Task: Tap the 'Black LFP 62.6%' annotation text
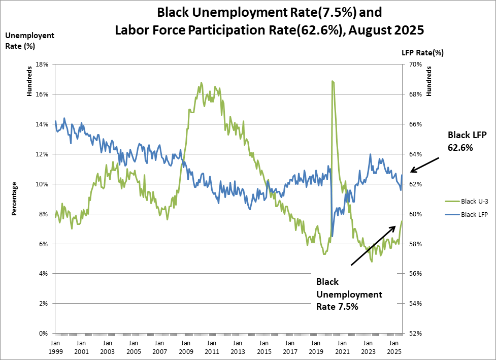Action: [467, 141]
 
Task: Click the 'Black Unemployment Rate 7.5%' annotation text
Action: [349, 294]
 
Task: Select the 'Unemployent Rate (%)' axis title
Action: [29, 40]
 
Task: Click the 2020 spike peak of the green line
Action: [332, 81]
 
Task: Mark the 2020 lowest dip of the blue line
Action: [332, 236]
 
